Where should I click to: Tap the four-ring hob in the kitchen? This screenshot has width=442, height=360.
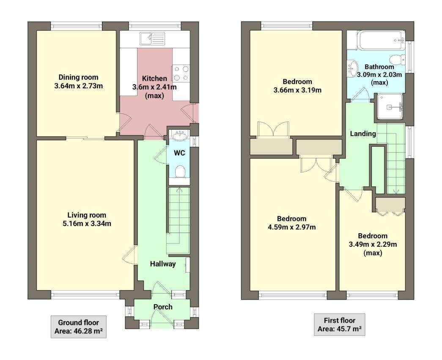[x=181, y=74]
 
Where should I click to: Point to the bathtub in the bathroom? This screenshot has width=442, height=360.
[x=376, y=40]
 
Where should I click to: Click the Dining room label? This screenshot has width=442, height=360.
[x=78, y=77]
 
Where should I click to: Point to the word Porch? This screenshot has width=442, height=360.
[x=163, y=307]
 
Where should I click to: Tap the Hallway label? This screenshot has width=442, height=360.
[x=163, y=264]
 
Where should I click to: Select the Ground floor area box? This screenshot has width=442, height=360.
[x=78, y=327]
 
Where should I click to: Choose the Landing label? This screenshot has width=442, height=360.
[x=362, y=134]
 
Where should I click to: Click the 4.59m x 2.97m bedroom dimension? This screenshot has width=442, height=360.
[x=291, y=227]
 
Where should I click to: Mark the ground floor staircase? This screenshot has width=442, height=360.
[x=178, y=220]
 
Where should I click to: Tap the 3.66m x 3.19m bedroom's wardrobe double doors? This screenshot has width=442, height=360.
[x=273, y=129]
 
